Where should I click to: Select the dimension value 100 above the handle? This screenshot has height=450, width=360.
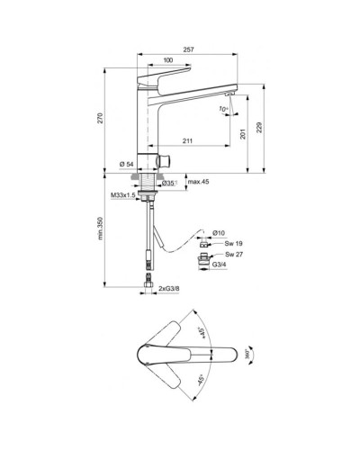tap(168, 61)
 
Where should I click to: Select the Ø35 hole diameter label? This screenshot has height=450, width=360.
tap(168, 184)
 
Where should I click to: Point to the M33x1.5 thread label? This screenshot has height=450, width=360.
tap(122, 194)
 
